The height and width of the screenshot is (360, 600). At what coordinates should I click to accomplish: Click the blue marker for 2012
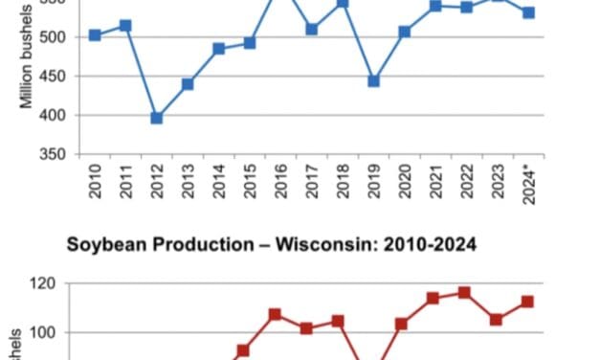pyautogui.click(x=157, y=118)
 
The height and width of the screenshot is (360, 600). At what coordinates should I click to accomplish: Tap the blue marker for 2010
pyautogui.click(x=95, y=34)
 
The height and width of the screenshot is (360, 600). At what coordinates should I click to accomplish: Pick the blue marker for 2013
pyautogui.click(x=188, y=84)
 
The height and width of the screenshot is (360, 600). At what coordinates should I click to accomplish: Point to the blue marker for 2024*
pyautogui.click(x=528, y=12)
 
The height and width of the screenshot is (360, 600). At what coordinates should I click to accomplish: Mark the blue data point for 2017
pyautogui.click(x=312, y=30)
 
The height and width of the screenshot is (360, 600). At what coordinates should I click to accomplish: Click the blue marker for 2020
pyautogui.click(x=405, y=32)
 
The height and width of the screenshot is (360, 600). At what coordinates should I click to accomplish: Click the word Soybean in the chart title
pyautogui.click(x=102, y=245)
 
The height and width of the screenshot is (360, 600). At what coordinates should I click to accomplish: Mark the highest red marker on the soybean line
pyautogui.click(x=465, y=292)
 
